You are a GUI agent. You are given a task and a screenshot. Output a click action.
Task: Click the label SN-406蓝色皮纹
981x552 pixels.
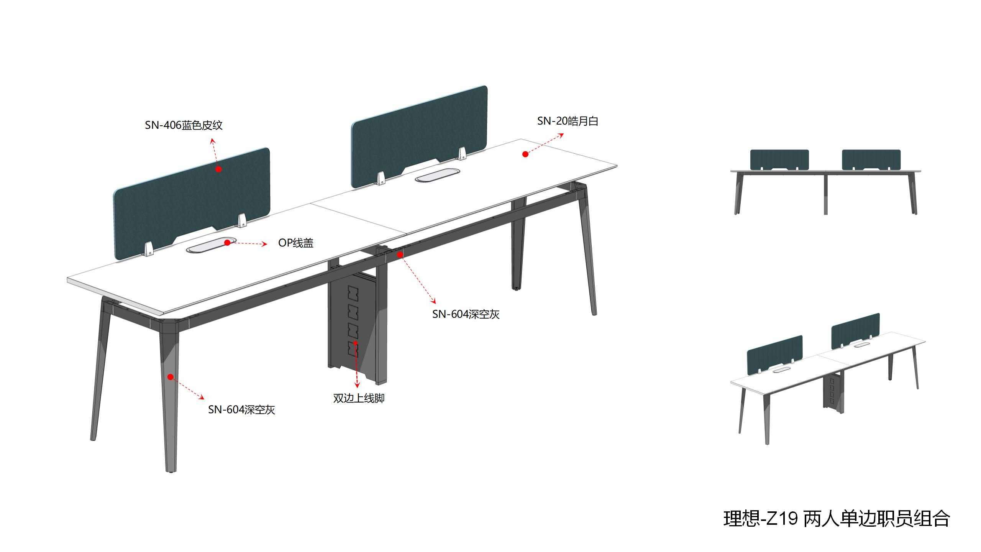(184, 125)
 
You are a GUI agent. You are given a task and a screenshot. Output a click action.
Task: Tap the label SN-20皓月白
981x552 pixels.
(568, 121)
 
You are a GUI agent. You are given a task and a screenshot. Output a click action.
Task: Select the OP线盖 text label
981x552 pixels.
(296, 243)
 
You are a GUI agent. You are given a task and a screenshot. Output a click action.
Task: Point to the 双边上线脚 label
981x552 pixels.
(359, 398)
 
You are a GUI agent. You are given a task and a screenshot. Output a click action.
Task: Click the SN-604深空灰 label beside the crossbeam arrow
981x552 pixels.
(466, 314)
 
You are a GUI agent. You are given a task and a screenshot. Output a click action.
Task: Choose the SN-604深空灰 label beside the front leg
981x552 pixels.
(241, 410)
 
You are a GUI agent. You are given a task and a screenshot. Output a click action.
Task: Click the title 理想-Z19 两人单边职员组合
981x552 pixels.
(837, 519)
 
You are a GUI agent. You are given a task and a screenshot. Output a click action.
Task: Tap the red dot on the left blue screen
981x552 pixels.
(218, 169)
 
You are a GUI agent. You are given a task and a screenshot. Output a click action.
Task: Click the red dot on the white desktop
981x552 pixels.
(525, 154)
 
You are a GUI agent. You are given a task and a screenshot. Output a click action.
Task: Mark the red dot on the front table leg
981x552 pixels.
(171, 377)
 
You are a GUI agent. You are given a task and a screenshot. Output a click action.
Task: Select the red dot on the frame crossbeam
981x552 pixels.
(400, 254)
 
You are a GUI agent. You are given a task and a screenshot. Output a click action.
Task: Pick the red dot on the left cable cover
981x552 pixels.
(227, 243)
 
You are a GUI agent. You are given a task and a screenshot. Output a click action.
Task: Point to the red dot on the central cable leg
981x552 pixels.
(355, 343)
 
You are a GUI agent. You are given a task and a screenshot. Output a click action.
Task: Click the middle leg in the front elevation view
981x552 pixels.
(825, 194)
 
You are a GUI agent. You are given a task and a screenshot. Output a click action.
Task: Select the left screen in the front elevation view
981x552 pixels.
(779, 159)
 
